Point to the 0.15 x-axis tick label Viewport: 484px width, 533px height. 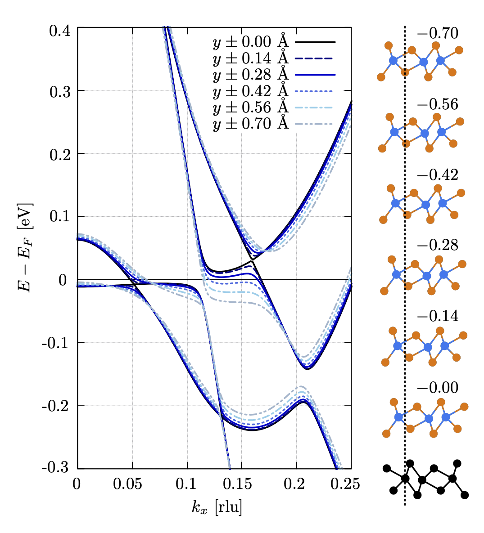242,484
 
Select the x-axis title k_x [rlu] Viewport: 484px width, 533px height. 216,507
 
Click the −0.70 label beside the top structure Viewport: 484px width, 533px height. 438,33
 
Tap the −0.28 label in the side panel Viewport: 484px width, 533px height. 438,245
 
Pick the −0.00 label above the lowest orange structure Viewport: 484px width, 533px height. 438,387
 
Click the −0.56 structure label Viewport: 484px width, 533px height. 438,104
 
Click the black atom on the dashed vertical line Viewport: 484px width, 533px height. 405,478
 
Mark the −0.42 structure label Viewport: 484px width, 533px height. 438,175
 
